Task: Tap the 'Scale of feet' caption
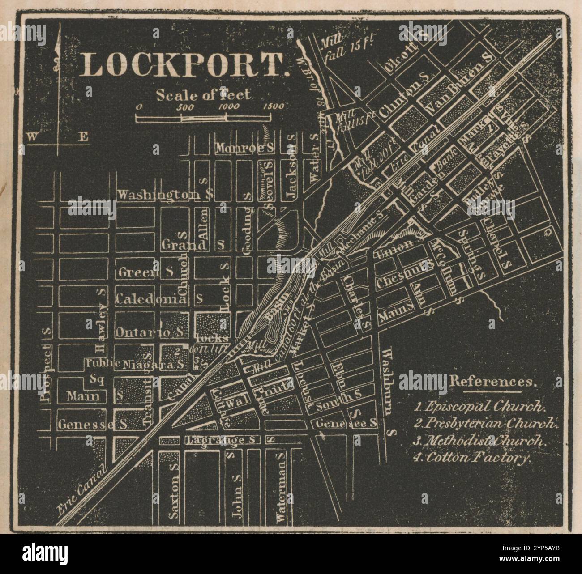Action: [203, 94]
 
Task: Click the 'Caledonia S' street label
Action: [159, 298]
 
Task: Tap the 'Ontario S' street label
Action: [149, 332]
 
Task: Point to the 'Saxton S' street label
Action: [174, 490]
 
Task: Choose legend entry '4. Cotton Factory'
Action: [472, 458]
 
